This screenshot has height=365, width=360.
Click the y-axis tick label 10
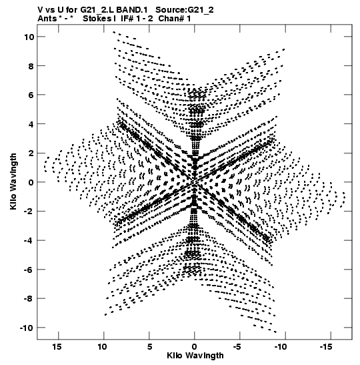[x=29, y=37]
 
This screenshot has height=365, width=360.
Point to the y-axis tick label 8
[x=31, y=66]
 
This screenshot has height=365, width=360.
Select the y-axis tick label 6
[x=31, y=95]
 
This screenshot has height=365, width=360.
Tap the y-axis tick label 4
[x=31, y=124]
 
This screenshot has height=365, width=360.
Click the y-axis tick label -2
[x=29, y=212]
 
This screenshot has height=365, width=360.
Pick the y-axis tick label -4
[x=29, y=240]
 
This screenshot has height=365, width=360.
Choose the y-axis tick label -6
[x=29, y=270]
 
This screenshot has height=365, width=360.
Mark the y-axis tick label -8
[x=29, y=299]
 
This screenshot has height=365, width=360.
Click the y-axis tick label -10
[x=27, y=328]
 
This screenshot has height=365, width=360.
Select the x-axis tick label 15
[x=57, y=347]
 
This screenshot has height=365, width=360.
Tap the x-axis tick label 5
[x=149, y=347]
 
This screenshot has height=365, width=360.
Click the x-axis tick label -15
[x=326, y=347]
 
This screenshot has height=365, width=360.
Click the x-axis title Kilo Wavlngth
[x=195, y=356]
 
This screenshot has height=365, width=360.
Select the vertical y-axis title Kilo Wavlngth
[x=13, y=181]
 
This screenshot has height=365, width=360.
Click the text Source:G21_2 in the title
[x=185, y=10]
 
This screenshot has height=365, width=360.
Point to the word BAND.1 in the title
[x=132, y=10]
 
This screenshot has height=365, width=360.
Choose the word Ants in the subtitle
[x=47, y=19]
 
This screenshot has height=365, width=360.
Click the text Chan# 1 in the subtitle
[x=175, y=19]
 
